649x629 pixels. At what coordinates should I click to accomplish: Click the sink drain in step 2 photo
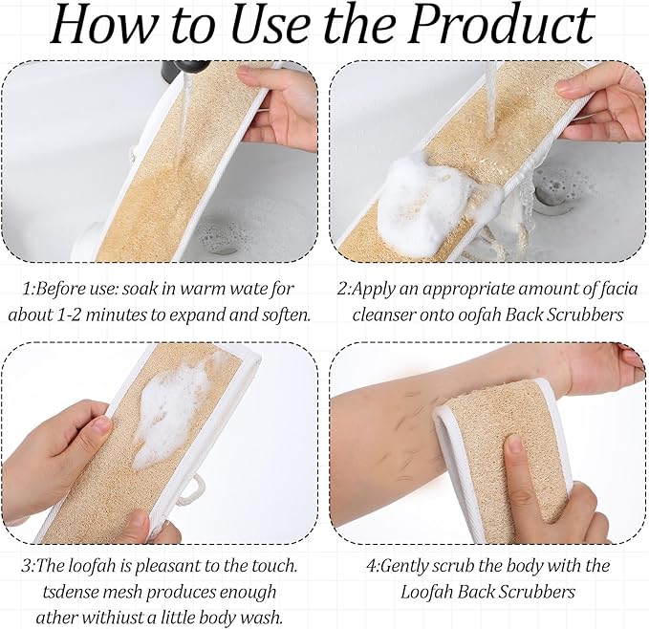(548, 193)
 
